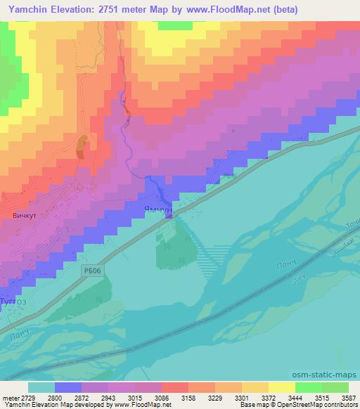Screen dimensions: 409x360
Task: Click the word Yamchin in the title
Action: [31, 10]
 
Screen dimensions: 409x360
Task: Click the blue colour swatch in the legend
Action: [69, 387]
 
